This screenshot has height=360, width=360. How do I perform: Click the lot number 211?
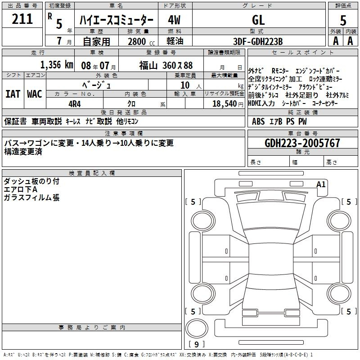tap(22, 19)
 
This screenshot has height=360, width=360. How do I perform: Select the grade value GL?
tap(258, 20)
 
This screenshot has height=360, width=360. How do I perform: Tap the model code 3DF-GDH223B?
tap(258, 41)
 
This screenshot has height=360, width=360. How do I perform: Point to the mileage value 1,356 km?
tap(57, 65)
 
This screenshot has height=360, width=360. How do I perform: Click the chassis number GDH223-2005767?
tap(302, 143)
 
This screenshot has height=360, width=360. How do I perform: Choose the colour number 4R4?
tap(75, 104)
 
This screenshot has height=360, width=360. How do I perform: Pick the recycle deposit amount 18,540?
tap(225, 104)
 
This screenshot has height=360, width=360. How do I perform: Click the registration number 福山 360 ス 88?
tap(166, 66)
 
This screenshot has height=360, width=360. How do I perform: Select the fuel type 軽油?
tap(175, 41)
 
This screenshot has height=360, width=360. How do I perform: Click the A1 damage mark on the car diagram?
tap(321, 184)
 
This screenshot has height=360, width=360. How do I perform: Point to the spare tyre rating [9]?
tap(197, 344)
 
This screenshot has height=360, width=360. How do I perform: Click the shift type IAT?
tap(13, 94)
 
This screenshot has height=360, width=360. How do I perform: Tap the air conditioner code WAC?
tap(35, 94)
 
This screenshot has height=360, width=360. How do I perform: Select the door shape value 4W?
tap(174, 20)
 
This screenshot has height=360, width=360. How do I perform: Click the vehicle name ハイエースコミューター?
tap(117, 20)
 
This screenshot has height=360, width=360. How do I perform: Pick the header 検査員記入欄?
tap(92, 173)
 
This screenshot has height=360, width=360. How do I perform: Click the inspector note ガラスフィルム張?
tap(31, 198)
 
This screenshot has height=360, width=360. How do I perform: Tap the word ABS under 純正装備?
tap(258, 121)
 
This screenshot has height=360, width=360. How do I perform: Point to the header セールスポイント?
tap(302, 52)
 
